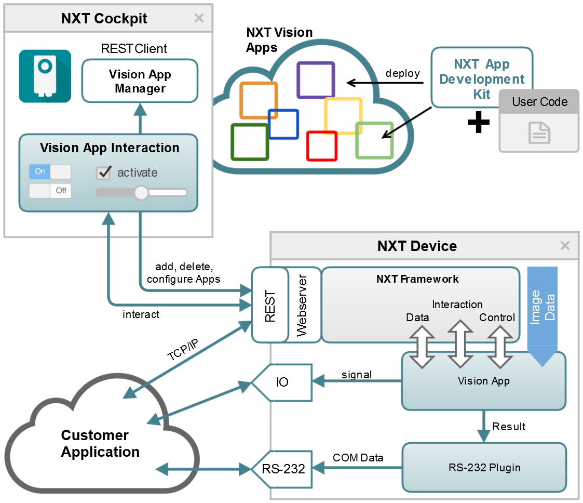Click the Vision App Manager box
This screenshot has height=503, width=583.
coord(140,81)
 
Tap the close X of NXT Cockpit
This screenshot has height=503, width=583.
coord(199,18)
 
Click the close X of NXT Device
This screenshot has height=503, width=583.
coord(565,246)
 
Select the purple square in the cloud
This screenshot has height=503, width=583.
coord(315,80)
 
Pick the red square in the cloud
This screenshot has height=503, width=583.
coord(322,145)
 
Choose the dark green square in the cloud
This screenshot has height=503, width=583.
coord(249,141)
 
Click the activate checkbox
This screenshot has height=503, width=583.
coord(104,173)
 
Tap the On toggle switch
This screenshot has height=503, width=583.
coord(50,171)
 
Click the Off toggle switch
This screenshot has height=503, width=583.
coord(50,191)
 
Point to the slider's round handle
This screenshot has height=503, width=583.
coord(141,193)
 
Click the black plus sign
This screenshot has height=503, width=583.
coord(478,123)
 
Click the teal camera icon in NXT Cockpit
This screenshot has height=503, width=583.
coord(45,76)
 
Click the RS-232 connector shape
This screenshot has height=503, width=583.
coord(283,469)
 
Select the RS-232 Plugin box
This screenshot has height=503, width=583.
coord(484,468)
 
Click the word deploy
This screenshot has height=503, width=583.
coord(402,73)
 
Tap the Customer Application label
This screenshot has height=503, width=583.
coord(100,443)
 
